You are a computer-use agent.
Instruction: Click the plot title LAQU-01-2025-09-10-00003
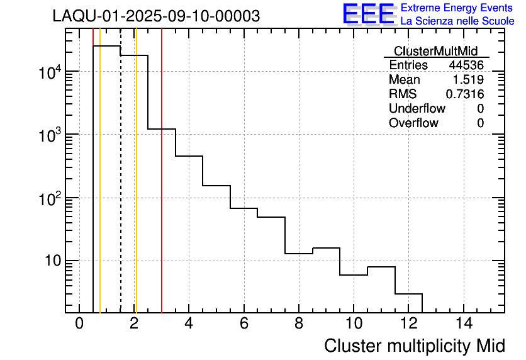[156, 16]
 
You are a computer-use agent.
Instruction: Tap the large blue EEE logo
[368, 14]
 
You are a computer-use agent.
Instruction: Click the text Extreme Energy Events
[457, 8]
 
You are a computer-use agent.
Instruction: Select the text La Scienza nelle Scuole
[457, 21]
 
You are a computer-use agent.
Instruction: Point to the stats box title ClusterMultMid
[435, 51]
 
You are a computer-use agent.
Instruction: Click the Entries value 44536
[466, 65]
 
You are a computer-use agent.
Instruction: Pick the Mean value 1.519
[468, 80]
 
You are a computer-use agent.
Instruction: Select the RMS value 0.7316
[464, 94]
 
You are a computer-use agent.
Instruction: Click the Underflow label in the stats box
[417, 109]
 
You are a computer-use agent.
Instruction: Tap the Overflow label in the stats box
[413, 123]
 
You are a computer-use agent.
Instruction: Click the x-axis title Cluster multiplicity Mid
[414, 346]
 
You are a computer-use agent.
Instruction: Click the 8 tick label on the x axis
[298, 324]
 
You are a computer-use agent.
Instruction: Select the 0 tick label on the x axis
[79, 324]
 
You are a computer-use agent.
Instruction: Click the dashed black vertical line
[120, 189]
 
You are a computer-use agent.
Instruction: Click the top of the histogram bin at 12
[408, 294]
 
